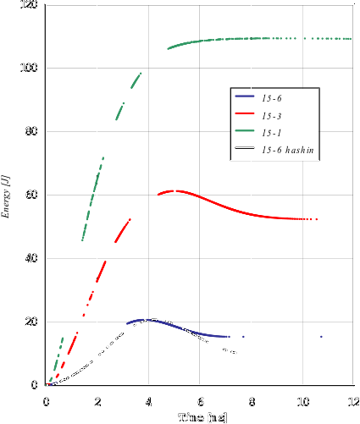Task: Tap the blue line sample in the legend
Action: click(x=246, y=96)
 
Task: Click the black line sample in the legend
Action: click(x=246, y=150)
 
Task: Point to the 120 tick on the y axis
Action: click(x=29, y=5)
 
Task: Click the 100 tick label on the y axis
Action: click(x=29, y=69)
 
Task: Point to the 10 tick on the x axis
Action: click(x=302, y=401)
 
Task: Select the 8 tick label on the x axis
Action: click(x=251, y=401)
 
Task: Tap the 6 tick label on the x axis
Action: click(x=200, y=401)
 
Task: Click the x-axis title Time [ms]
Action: click(x=202, y=417)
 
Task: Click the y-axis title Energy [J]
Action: click(x=7, y=195)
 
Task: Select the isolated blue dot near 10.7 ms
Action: click(x=321, y=337)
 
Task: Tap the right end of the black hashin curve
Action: click(x=235, y=353)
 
